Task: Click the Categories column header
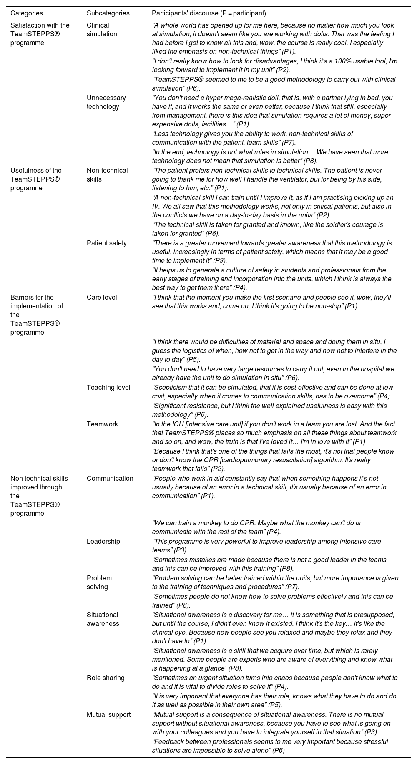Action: coord(26,13)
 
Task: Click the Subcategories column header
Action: coord(108,13)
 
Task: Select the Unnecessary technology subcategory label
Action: coord(106,102)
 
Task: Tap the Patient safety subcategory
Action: coord(107,243)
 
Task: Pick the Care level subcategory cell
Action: coord(102,297)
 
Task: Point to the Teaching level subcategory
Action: coord(108,387)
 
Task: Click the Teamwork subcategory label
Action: coord(102,424)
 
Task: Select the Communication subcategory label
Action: coord(110,478)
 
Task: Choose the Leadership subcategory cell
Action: coord(103,541)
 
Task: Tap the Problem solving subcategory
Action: coord(99,582)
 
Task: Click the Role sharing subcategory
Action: coord(106,678)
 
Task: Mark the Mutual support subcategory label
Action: coord(108,714)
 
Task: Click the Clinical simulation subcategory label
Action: coord(102,30)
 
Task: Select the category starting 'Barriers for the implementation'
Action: coord(36,315)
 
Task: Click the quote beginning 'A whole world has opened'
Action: coord(273,38)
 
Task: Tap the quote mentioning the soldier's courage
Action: coord(267,229)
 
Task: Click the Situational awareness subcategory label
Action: coord(103,619)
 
